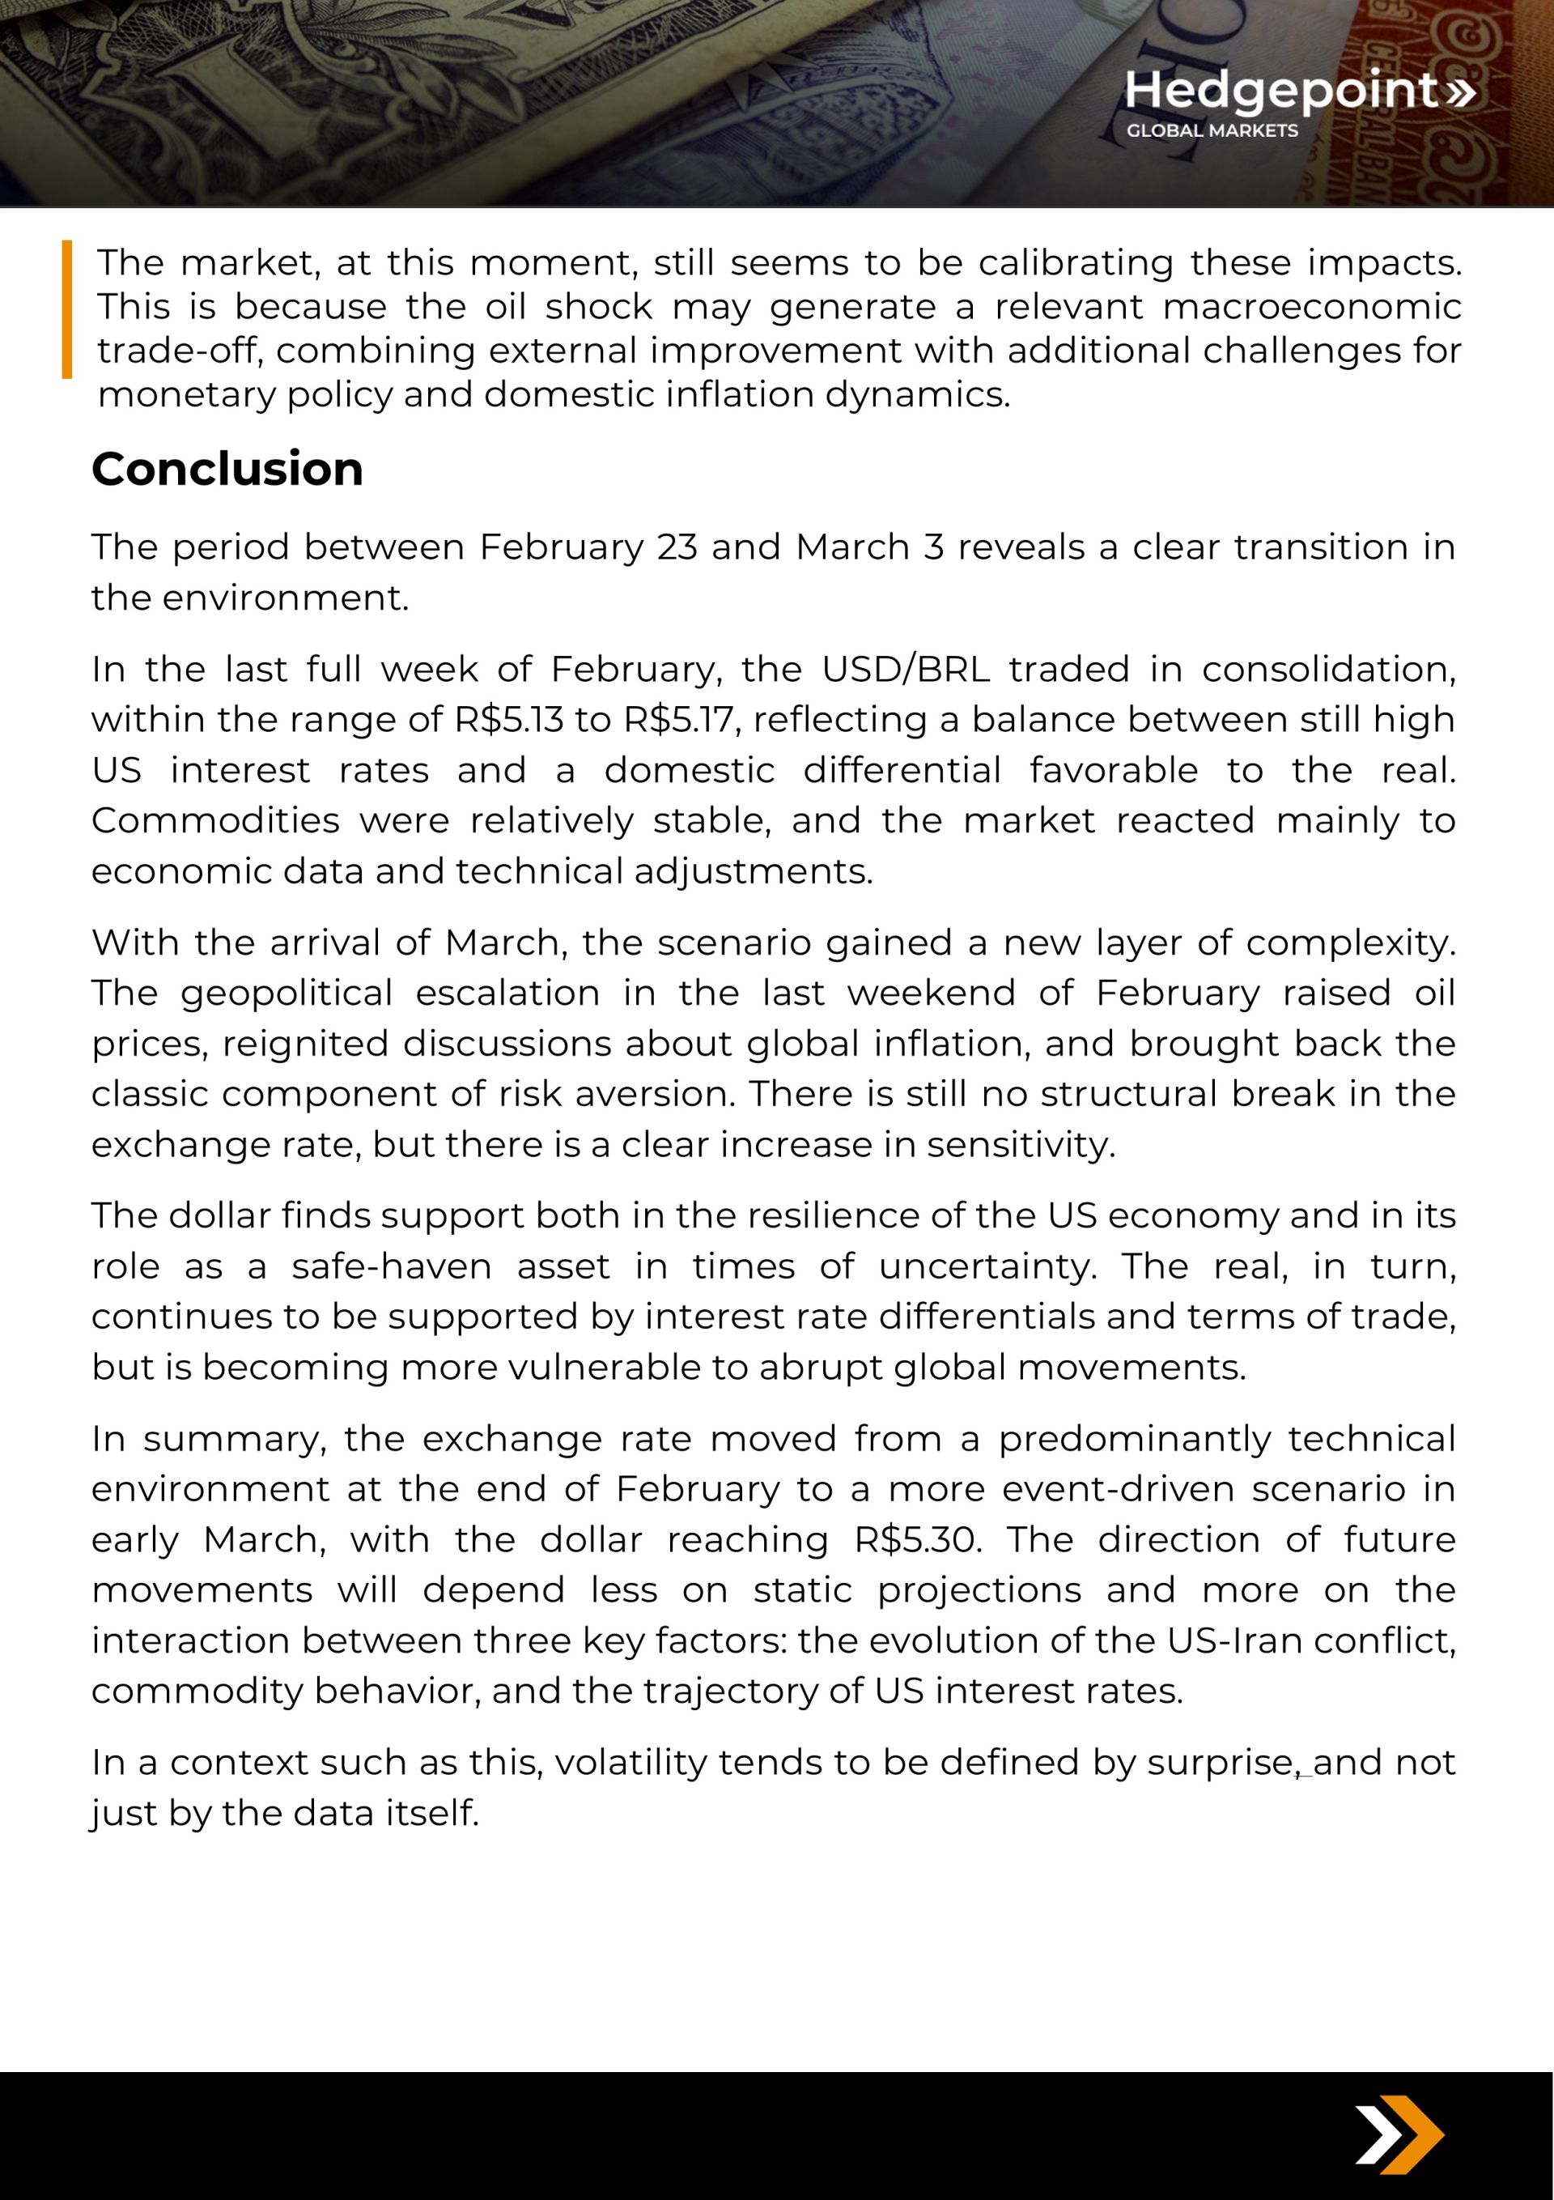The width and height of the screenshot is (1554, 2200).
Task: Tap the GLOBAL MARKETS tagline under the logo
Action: tap(1212, 130)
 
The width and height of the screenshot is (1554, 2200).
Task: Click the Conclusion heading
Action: tap(227, 469)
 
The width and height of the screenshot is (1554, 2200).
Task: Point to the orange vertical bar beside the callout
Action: tap(67, 309)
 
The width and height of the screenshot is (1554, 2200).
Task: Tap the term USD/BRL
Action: tap(906, 669)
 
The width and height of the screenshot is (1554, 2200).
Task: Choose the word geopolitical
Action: tap(287, 993)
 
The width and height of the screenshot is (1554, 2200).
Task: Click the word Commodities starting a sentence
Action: tap(215, 820)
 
